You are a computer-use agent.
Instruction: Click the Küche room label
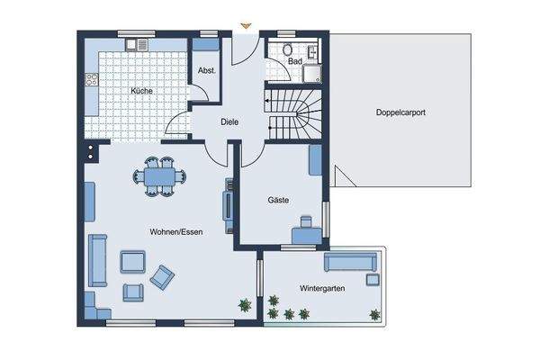(x=141, y=91)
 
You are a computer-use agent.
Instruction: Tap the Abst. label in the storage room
(x=207, y=70)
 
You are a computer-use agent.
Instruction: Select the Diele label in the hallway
(x=229, y=122)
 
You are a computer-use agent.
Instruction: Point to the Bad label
(x=295, y=61)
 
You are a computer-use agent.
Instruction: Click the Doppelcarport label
(x=400, y=112)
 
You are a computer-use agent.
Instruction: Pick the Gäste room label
(x=278, y=200)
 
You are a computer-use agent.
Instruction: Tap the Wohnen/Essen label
(x=176, y=232)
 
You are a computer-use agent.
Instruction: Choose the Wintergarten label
(x=322, y=288)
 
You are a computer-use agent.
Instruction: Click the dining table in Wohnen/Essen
(x=160, y=176)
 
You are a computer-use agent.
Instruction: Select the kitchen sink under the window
(x=137, y=44)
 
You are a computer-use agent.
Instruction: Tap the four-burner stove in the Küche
(x=92, y=79)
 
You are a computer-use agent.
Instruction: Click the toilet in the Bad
(x=288, y=49)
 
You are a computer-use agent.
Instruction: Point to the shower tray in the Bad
(x=312, y=74)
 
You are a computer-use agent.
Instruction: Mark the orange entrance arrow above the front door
(x=246, y=25)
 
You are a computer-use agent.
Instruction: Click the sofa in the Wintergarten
(x=351, y=262)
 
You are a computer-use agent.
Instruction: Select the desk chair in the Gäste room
(x=306, y=221)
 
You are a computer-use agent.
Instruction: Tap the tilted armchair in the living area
(x=162, y=277)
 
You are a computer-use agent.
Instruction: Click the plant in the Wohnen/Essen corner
(x=245, y=305)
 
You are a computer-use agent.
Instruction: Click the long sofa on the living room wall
(x=98, y=260)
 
